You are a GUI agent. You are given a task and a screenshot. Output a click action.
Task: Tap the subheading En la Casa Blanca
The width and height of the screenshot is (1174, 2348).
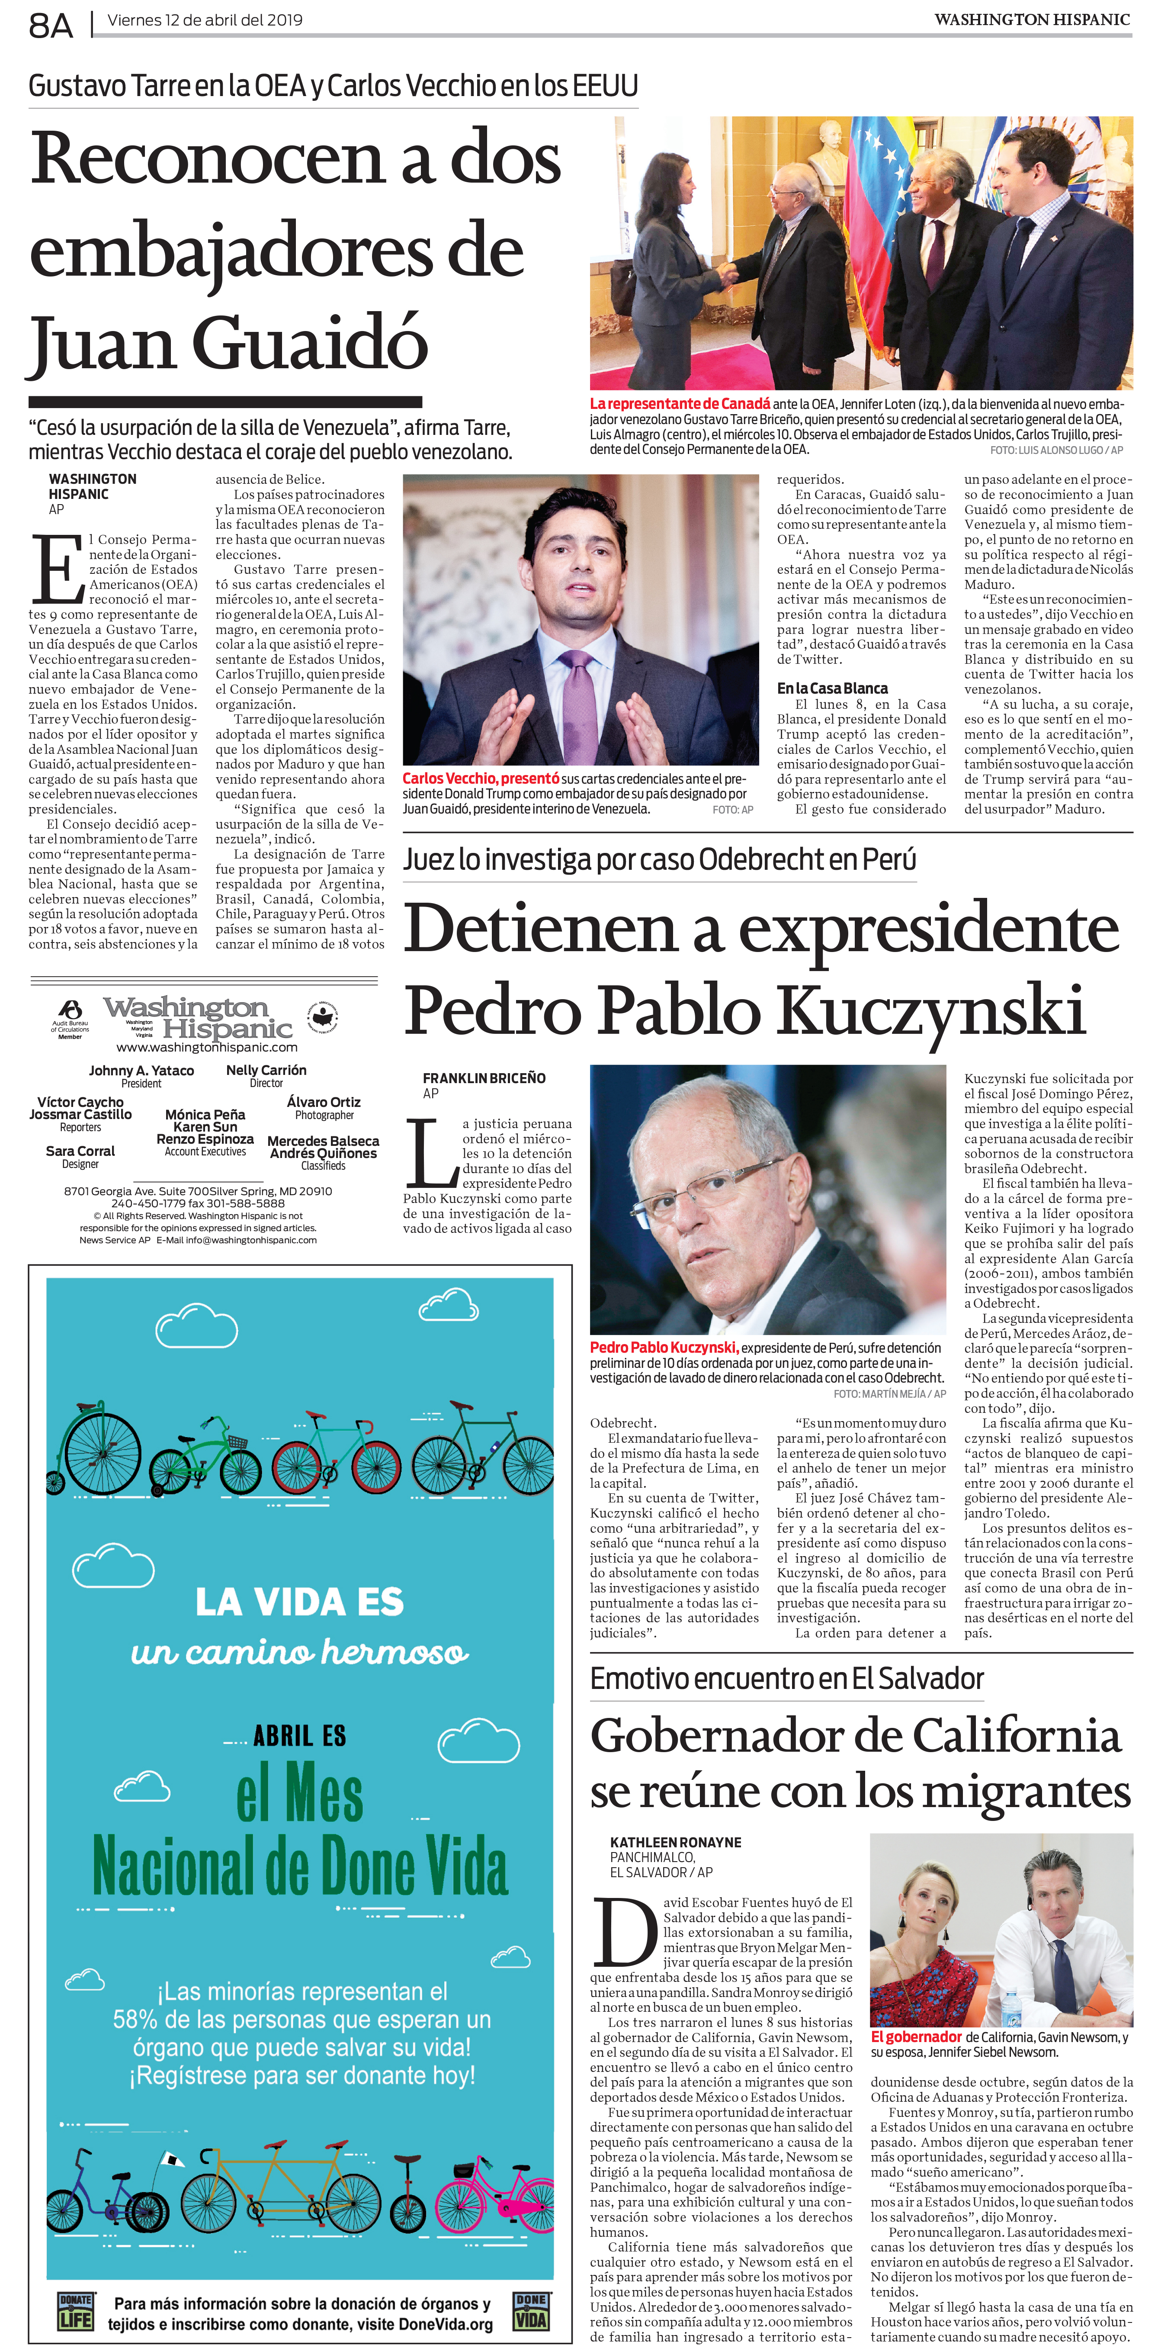click(831, 688)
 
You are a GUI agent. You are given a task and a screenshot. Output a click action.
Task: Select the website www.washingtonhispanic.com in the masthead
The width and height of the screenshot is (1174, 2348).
click(207, 1047)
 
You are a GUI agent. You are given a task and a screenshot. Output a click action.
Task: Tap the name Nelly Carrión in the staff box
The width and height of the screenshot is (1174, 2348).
click(266, 1070)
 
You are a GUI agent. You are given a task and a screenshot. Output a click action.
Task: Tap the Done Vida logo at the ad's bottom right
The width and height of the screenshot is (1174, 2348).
click(530, 2311)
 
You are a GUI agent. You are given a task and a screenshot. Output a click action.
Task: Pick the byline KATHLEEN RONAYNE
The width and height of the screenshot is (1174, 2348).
click(675, 1842)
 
